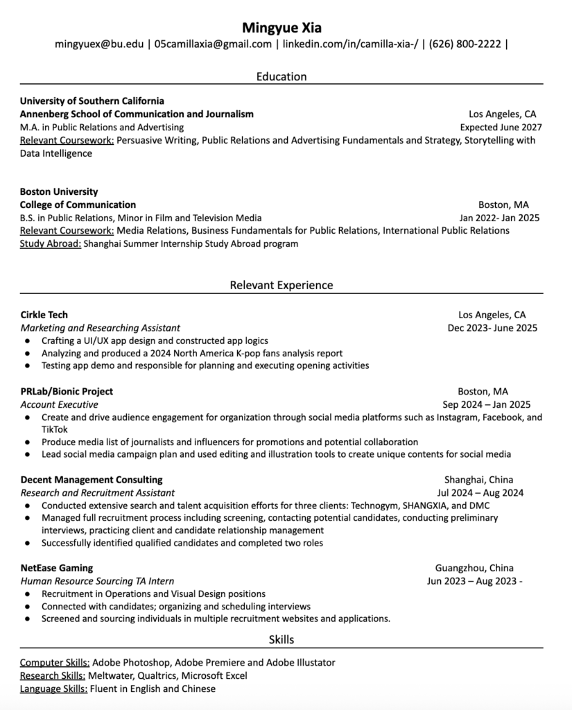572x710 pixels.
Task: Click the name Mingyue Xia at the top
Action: coord(281,28)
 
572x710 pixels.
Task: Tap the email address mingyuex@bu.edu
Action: coord(98,44)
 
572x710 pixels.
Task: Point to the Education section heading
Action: coord(281,76)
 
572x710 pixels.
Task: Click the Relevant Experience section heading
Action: coord(281,285)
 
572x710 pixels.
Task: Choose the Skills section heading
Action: coord(281,639)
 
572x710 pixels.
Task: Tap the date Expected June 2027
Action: coord(501,127)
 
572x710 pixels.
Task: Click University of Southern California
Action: coord(92,101)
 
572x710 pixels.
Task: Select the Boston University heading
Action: coord(59,191)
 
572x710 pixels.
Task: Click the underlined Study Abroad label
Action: coord(51,243)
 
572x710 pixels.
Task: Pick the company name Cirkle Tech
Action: coord(44,315)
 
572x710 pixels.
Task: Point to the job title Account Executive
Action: coord(60,404)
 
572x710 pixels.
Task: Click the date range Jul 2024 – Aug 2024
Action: coord(480,493)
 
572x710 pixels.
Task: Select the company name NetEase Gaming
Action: coord(57,568)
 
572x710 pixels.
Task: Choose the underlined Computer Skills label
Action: coord(55,662)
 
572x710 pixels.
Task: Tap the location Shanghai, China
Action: coord(478,480)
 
